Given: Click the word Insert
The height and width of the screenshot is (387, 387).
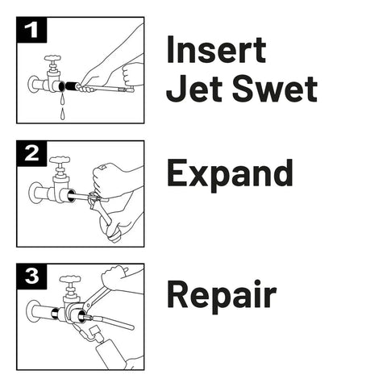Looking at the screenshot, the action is (216, 50).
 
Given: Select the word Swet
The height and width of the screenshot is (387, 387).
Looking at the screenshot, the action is (275, 88).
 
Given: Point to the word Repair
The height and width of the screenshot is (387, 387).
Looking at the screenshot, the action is (222, 297).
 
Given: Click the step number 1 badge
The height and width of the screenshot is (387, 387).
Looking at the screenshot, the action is (31, 30).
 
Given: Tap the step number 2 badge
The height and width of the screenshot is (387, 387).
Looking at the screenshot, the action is (31, 153).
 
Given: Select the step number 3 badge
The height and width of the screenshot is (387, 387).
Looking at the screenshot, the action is (31, 277).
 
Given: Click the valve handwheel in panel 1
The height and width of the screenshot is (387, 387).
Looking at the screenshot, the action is (52, 58).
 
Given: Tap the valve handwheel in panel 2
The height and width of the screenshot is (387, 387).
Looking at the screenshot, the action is (60, 160).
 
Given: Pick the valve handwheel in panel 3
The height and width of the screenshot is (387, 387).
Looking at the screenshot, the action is (70, 279).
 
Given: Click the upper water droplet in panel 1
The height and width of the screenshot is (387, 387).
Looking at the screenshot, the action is (62, 99).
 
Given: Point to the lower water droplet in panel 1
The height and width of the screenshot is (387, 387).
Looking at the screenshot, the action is (62, 114).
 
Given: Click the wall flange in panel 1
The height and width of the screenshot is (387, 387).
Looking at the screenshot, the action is (33, 84).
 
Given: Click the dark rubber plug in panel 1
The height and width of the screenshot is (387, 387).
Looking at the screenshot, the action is (71, 86).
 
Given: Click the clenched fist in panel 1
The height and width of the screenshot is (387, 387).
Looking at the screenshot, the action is (132, 75).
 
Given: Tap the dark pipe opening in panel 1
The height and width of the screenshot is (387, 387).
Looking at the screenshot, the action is (61, 86).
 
